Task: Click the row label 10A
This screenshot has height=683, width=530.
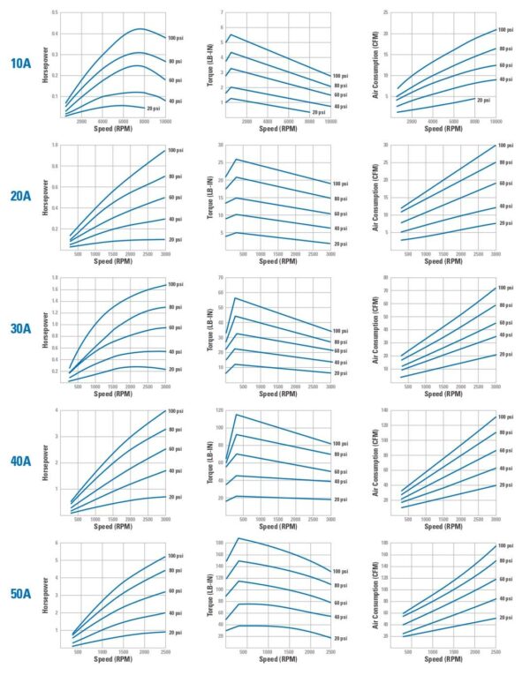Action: (22, 64)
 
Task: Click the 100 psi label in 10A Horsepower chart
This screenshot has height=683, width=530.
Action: (174, 37)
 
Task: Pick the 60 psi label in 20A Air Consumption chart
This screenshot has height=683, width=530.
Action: (505, 184)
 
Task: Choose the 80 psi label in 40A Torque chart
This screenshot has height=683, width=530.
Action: (340, 454)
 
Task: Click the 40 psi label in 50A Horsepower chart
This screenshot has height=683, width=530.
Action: (174, 612)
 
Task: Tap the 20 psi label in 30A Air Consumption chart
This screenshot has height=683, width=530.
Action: (505, 354)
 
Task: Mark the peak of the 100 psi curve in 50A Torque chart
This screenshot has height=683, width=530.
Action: (239, 538)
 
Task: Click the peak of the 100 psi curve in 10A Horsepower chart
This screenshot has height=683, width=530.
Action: (139, 29)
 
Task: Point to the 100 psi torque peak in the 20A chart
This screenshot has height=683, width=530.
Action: (235, 160)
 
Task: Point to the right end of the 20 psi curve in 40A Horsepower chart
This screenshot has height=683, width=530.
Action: (163, 496)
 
